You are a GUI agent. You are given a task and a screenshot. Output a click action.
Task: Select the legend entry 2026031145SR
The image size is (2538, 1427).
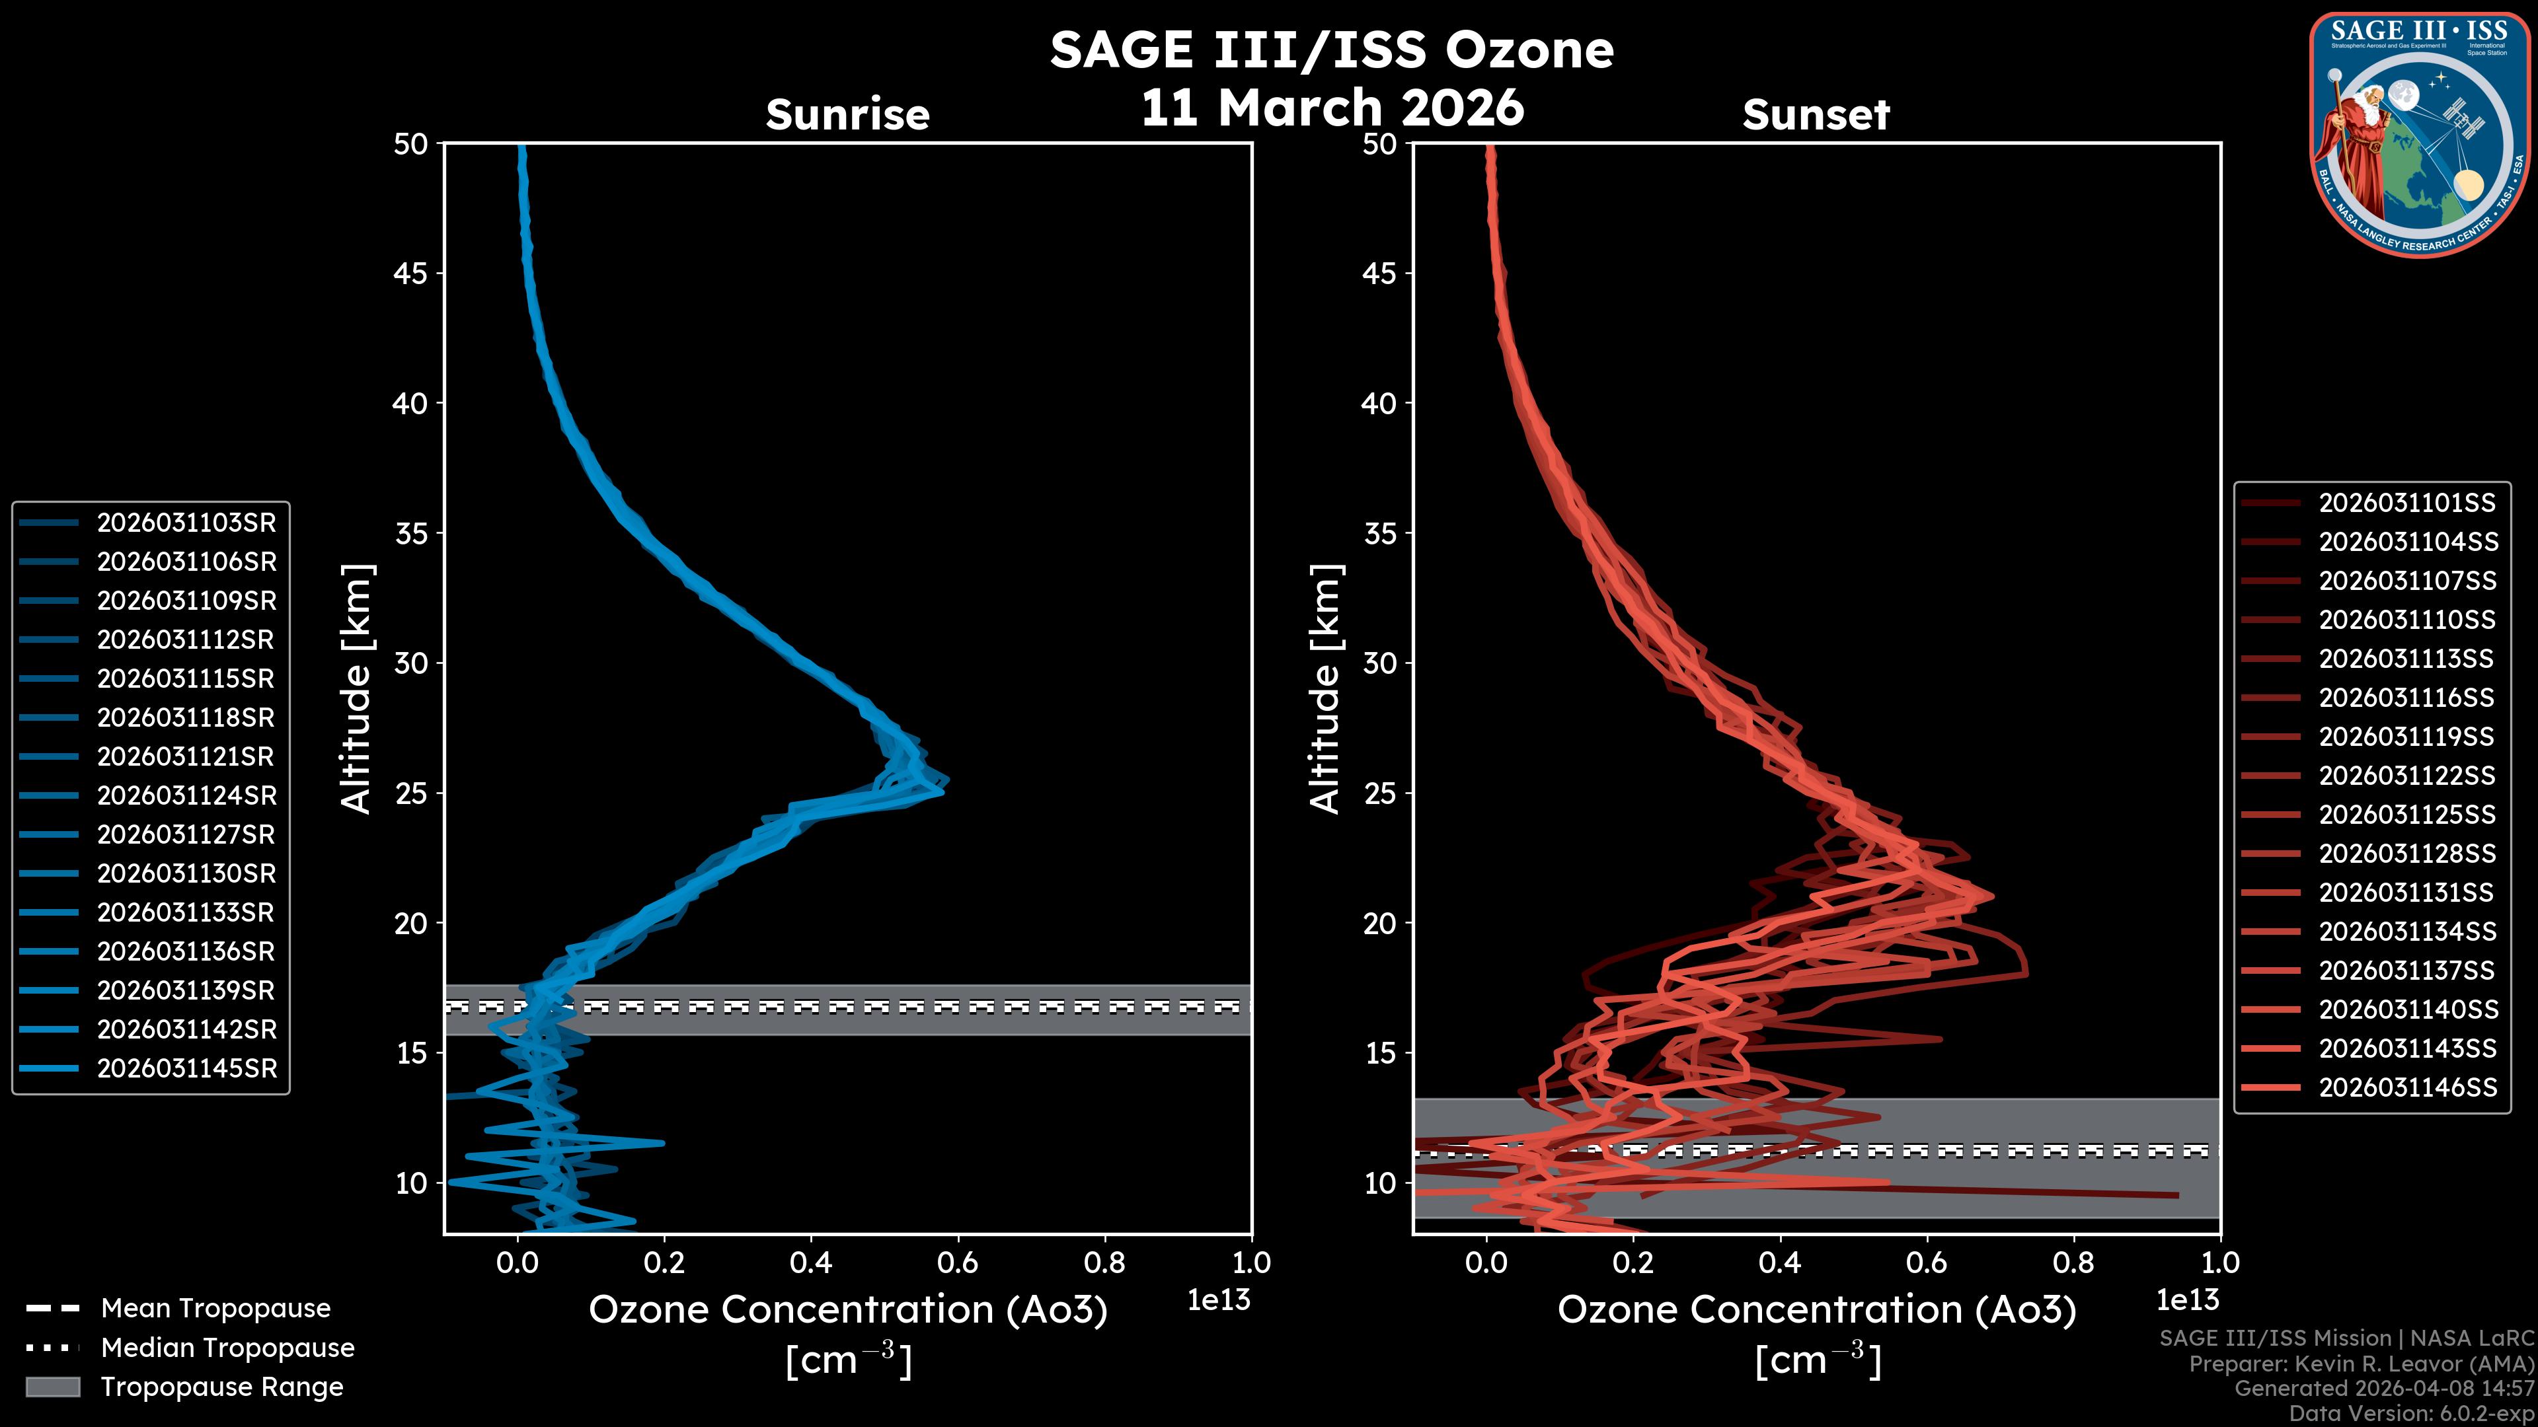tap(186, 1068)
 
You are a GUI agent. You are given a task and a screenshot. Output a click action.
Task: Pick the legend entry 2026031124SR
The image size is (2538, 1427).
tap(186, 795)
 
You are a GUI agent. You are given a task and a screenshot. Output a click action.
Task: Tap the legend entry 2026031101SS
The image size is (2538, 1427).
tap(2407, 503)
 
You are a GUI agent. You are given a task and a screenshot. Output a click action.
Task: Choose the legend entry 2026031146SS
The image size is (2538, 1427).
tap(2407, 1087)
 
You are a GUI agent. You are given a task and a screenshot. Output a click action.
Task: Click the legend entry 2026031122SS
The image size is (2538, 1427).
tap(2407, 776)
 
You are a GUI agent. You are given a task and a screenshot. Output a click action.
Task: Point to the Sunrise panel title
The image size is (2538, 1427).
tap(847, 115)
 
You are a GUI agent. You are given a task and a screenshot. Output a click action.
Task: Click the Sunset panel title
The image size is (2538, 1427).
tap(1816, 115)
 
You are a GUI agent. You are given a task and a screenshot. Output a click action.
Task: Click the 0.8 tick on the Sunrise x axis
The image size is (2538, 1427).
tap(1104, 1262)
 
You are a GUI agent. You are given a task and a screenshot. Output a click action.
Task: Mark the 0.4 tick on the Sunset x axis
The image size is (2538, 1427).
tap(1781, 1262)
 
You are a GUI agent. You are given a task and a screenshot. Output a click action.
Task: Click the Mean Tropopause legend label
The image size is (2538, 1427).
tap(215, 1309)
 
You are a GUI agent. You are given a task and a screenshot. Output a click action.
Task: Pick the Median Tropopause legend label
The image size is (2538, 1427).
tap(227, 1348)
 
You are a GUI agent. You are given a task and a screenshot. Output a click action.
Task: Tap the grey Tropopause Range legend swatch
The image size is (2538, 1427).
tap(52, 1387)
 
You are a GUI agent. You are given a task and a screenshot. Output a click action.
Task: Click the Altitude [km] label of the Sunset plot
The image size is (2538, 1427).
tap(1325, 689)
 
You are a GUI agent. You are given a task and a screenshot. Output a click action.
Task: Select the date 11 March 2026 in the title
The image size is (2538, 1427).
tap(1332, 107)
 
